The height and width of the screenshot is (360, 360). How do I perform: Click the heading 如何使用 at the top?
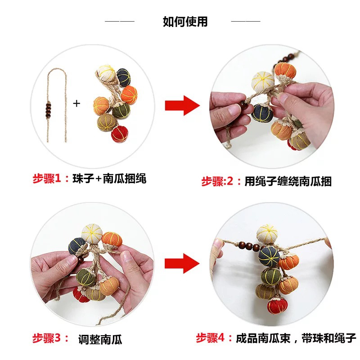tap(185, 22)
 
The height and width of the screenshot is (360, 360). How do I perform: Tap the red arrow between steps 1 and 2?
tap(182, 106)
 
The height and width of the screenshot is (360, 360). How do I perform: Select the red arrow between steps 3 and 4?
tap(182, 263)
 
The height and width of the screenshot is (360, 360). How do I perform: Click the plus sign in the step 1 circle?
tap(76, 103)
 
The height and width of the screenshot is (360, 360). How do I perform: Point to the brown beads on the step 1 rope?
tap(48, 110)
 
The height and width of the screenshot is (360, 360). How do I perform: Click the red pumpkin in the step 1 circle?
tap(120, 134)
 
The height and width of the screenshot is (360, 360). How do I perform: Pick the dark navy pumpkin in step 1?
tap(123, 77)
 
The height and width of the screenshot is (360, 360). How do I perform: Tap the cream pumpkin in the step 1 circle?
tap(106, 72)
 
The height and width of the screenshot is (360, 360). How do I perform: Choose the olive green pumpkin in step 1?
tap(121, 110)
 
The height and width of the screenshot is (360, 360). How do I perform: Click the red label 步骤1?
tap(47, 178)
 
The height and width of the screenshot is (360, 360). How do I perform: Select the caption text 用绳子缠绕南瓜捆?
tap(288, 181)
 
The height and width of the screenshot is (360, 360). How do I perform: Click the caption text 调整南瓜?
tap(100, 339)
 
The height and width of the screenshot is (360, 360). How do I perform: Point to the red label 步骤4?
tap(210, 338)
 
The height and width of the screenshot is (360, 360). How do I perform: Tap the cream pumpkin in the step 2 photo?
tap(263, 81)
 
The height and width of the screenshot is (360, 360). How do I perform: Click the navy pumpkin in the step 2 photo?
tap(262, 113)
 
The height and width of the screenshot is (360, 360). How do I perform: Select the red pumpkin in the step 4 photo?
tap(277, 306)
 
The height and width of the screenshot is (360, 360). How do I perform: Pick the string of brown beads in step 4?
tap(249, 246)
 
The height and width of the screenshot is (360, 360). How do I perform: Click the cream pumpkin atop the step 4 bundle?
tap(267, 234)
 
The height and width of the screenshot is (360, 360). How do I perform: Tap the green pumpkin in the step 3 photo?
tap(85, 277)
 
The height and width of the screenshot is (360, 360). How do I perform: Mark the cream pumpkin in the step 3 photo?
tap(92, 234)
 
